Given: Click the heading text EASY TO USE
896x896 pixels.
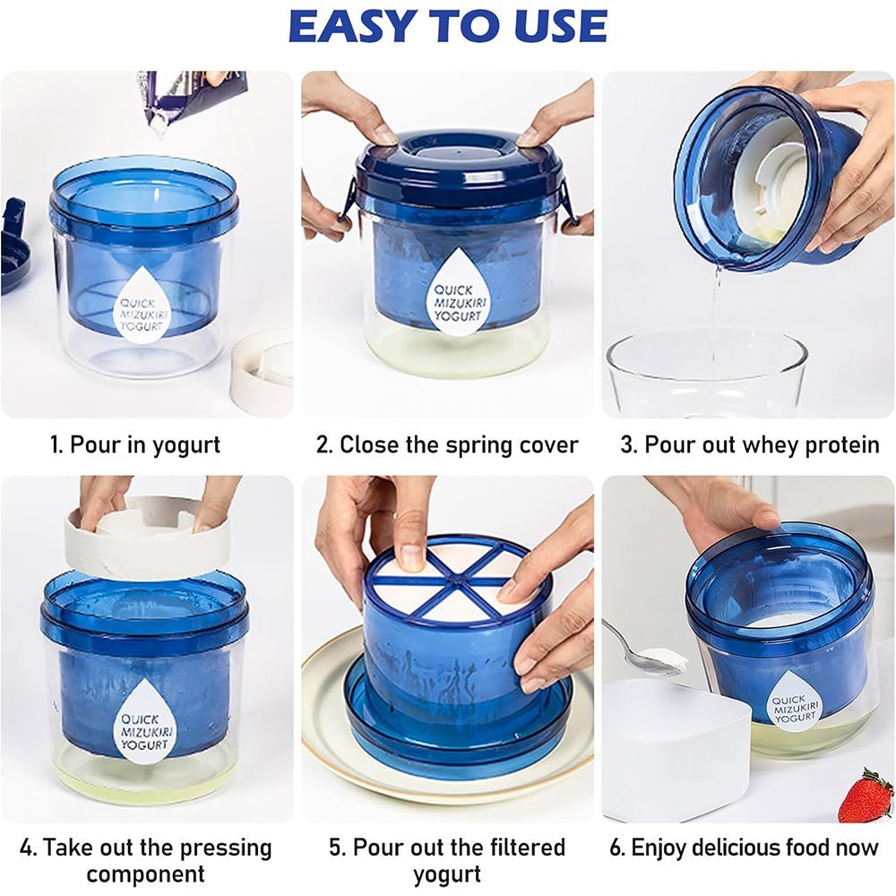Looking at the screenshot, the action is [x=447, y=26].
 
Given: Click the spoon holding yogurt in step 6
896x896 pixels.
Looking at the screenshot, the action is [x=639, y=648].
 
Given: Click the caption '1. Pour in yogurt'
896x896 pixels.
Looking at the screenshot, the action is [x=135, y=444].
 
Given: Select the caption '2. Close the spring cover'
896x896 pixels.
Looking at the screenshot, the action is [x=447, y=444].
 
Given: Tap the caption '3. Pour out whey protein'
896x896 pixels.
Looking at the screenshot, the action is [x=750, y=444].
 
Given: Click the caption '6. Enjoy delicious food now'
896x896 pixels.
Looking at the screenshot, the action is [x=744, y=847].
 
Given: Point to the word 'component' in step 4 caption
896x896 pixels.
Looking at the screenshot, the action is [x=145, y=874].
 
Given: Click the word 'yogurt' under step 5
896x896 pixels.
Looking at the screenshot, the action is [x=447, y=874].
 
